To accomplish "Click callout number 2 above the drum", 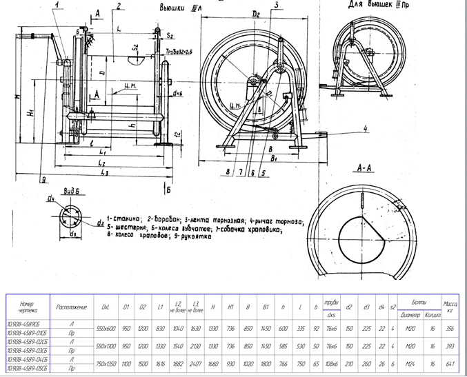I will point(119,6).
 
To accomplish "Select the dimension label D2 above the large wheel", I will point(258,13).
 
